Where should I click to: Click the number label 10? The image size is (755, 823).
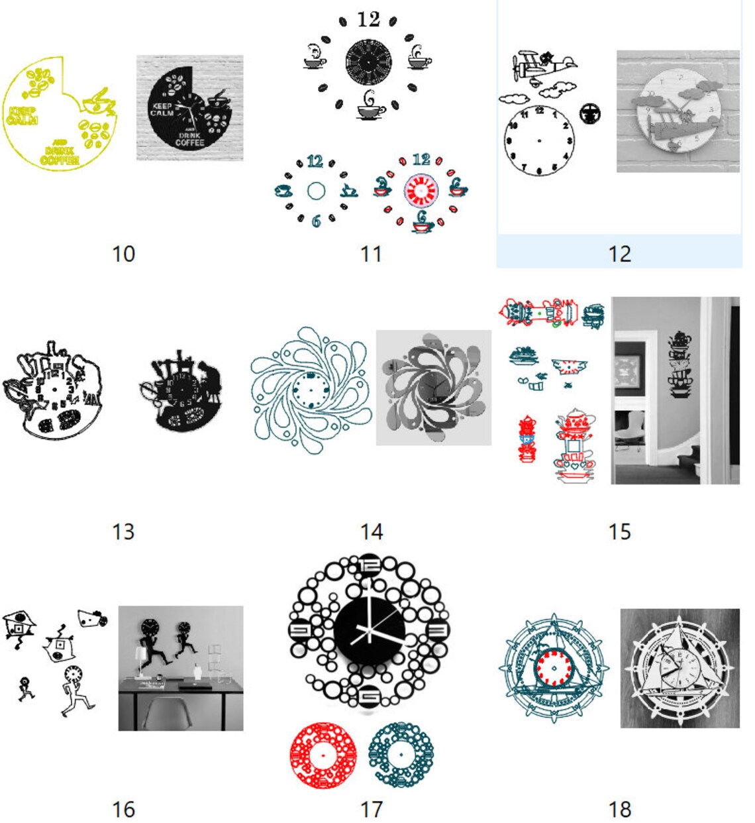tap(124, 254)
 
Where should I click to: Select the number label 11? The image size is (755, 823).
tap(371, 254)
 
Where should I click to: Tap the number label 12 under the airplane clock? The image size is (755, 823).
tap(619, 254)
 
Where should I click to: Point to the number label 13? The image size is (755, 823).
tap(124, 531)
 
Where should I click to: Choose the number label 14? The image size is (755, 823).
tap(371, 531)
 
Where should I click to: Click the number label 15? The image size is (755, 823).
tap(619, 531)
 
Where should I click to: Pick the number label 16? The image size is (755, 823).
tap(124, 809)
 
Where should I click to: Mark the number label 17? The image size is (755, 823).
tap(371, 809)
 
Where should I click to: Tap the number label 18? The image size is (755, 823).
tap(619, 809)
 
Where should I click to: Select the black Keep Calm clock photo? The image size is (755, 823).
tap(189, 108)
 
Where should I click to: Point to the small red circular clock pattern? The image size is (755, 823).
tap(323, 755)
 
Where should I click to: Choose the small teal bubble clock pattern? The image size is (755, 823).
tap(401, 755)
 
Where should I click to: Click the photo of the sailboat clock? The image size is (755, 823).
tap(679, 668)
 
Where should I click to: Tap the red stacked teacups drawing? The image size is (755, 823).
tap(527, 439)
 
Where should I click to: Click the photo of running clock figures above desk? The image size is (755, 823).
tap(180, 668)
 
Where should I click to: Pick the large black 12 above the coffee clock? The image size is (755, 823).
tap(368, 20)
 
